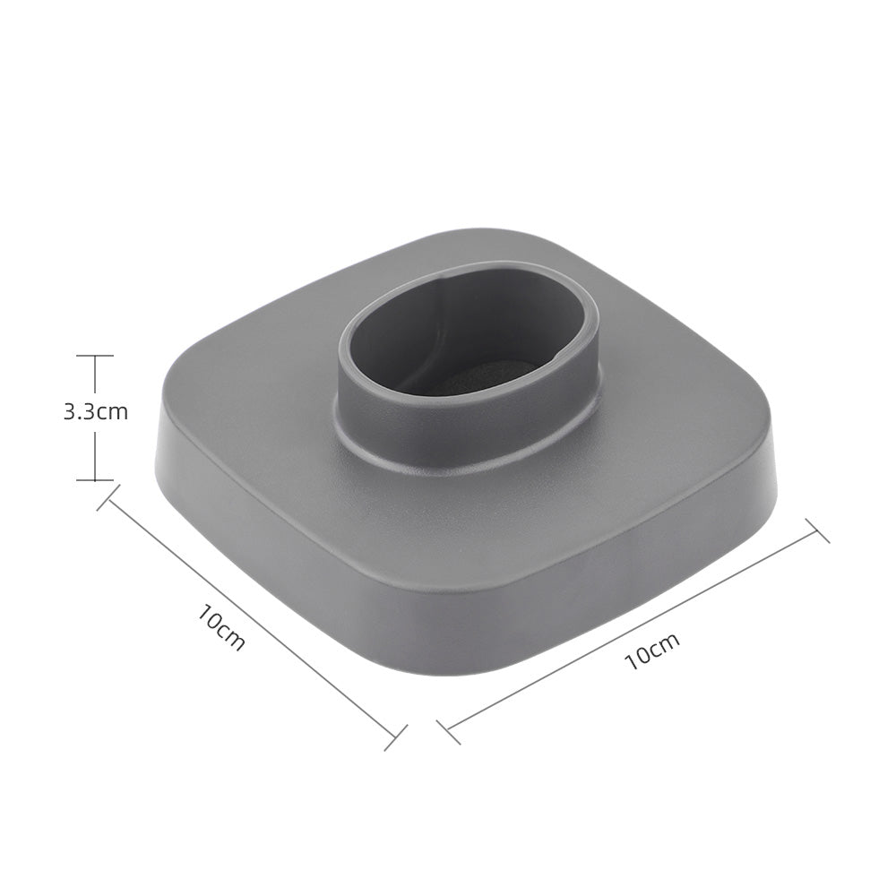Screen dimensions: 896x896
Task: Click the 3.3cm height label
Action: (95, 412)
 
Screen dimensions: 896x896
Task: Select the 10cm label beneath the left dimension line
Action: (221, 628)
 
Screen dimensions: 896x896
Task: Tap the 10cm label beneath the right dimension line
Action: (652, 650)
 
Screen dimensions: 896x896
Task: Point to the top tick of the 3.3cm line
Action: (94, 356)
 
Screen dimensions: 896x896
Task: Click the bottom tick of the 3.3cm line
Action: (94, 480)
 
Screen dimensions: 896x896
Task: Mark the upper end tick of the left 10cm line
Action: (108, 498)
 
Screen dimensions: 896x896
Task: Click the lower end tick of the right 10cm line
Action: (452, 731)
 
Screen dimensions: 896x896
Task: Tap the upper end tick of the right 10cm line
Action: (817, 530)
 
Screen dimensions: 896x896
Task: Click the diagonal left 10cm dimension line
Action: (251, 618)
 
